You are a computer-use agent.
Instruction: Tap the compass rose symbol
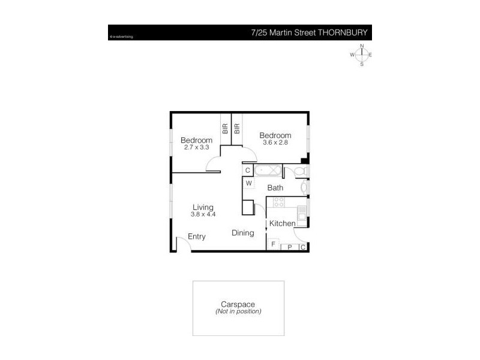(x=362, y=55)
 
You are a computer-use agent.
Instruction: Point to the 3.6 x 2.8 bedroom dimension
(x=275, y=143)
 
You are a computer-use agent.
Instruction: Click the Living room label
(x=203, y=207)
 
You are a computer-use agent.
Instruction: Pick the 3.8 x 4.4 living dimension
(x=203, y=214)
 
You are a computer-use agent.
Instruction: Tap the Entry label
(x=197, y=236)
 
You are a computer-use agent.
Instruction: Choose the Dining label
(x=243, y=233)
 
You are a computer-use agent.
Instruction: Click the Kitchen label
(x=282, y=224)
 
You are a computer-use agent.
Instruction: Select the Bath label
(x=275, y=188)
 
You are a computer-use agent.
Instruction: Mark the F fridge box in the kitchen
(x=273, y=244)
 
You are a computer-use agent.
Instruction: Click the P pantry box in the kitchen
(x=289, y=247)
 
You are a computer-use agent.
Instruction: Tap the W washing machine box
(x=248, y=184)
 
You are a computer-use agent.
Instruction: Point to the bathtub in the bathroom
(x=267, y=170)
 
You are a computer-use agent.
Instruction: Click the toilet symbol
(x=302, y=172)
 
